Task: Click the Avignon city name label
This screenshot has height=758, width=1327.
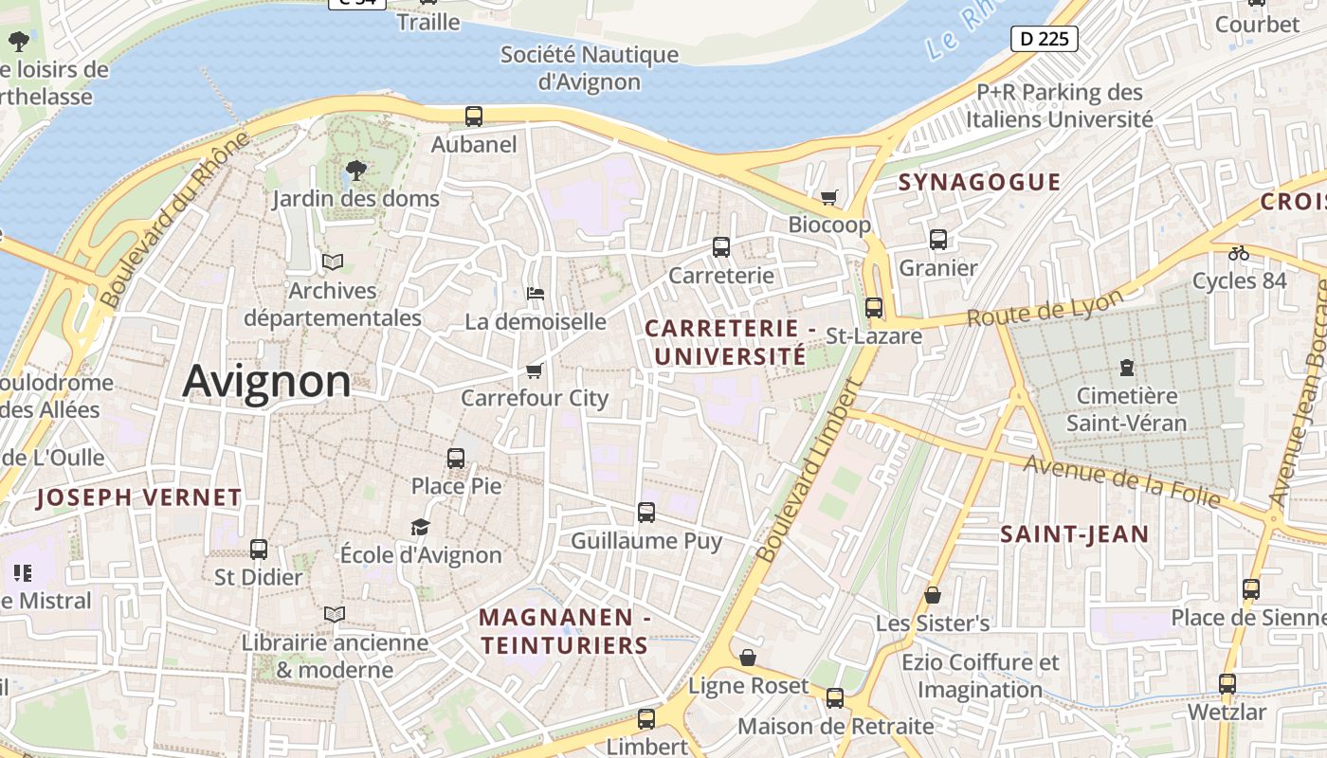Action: tap(266, 382)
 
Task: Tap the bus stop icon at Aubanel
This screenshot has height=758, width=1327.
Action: tap(474, 117)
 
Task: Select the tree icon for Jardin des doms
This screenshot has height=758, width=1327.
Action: tap(356, 171)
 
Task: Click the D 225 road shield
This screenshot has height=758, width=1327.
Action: tap(1045, 39)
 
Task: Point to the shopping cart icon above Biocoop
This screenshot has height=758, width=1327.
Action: tap(829, 197)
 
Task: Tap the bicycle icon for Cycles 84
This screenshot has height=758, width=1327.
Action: tap(1238, 253)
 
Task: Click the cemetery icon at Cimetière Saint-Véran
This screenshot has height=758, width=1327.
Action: tap(1126, 367)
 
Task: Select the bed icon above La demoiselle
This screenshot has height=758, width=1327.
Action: tap(536, 294)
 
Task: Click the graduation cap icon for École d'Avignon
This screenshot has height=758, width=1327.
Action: tap(420, 527)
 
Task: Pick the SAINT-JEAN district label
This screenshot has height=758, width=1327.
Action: tap(1075, 534)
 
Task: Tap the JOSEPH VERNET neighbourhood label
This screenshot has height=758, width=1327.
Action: tap(139, 497)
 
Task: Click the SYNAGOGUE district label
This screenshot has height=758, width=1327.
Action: tap(979, 182)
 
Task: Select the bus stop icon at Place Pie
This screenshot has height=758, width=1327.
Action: tap(456, 459)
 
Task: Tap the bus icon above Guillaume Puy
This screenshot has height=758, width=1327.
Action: tap(646, 513)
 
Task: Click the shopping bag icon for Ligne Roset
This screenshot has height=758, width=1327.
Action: tap(748, 658)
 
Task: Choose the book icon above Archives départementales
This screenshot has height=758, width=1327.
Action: tap(332, 262)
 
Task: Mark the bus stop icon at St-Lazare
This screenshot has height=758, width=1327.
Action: tap(874, 308)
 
